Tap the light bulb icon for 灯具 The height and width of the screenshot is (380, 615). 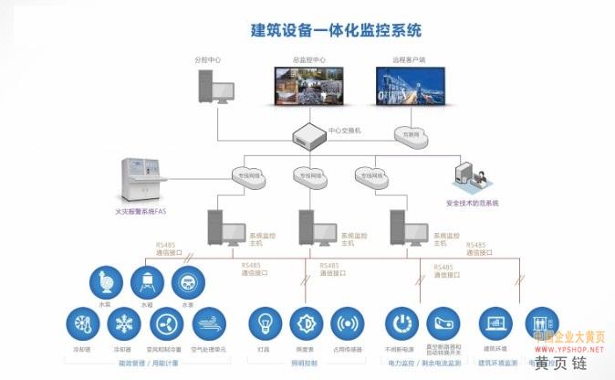pyautogui.click(x=266, y=323)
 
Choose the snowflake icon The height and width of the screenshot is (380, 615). pyautogui.click(x=121, y=323)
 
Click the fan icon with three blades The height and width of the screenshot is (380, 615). pyautogui.click(x=165, y=323)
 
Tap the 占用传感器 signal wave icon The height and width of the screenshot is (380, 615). pyautogui.click(x=349, y=323)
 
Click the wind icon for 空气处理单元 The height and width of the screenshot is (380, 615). pyautogui.click(x=209, y=323)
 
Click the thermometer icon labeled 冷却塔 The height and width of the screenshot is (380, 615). pyautogui.click(x=80, y=323)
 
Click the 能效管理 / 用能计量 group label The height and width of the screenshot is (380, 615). pyautogui.click(x=144, y=363)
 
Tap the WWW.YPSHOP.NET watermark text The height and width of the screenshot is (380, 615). pyautogui.click(x=568, y=348)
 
